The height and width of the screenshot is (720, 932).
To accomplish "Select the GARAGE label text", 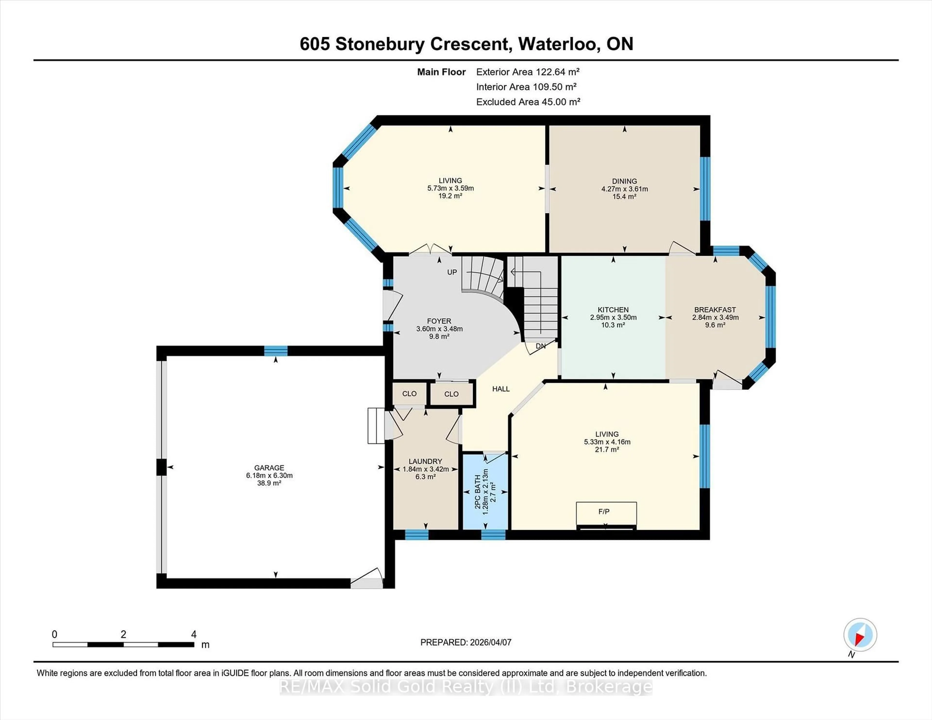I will [x=269, y=467].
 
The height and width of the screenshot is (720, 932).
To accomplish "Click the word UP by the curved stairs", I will [x=452, y=272].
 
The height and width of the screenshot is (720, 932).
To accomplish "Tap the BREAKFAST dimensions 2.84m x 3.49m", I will [x=715, y=317].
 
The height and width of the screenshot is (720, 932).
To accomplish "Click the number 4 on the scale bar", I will [x=194, y=634].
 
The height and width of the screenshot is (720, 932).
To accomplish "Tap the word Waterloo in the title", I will [x=557, y=44].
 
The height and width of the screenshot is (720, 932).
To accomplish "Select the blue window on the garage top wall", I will [x=276, y=351].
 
